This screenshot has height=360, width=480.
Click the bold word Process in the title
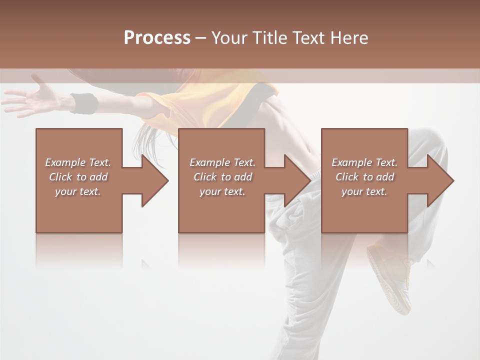click(x=157, y=37)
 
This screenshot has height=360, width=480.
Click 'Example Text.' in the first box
click(x=78, y=162)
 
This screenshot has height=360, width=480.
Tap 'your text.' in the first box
click(x=78, y=191)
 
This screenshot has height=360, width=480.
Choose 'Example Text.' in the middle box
click(x=222, y=162)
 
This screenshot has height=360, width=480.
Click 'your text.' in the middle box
click(x=222, y=191)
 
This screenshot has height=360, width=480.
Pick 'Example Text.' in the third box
click(x=364, y=162)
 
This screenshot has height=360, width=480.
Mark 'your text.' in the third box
click(x=364, y=191)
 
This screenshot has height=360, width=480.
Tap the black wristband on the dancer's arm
click(x=83, y=102)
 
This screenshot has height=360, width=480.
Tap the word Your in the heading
click(x=228, y=37)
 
